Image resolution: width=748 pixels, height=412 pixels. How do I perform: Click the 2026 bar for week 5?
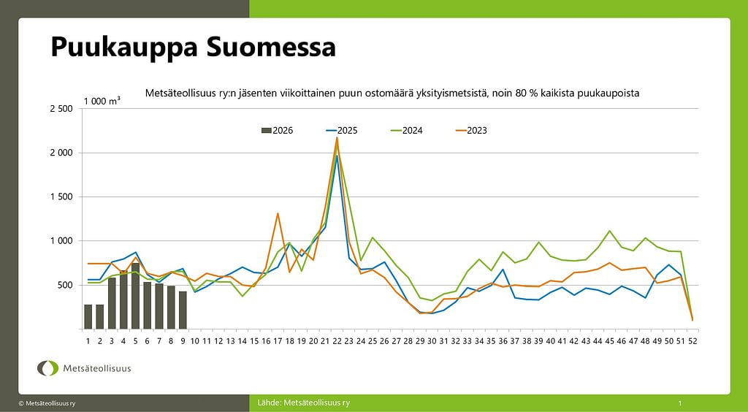[x=136, y=296]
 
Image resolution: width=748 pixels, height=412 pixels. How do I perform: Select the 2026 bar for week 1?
[x=88, y=316]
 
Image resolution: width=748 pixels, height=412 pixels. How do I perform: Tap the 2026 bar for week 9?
[x=183, y=310]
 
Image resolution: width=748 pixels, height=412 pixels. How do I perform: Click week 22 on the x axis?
[x=337, y=340]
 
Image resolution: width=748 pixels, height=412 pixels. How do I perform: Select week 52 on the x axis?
[x=692, y=340]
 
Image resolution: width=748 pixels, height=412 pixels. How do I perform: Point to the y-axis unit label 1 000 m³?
[x=102, y=101]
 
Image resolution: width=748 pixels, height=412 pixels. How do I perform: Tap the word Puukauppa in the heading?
[x=123, y=47]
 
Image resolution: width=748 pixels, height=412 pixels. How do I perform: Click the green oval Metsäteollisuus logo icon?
[x=48, y=368]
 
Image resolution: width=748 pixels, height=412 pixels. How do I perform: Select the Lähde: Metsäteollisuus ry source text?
[x=304, y=403]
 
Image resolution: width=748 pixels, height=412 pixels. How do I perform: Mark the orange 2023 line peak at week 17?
[x=278, y=213]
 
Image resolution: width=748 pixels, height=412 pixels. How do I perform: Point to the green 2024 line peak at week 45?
[x=609, y=231]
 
